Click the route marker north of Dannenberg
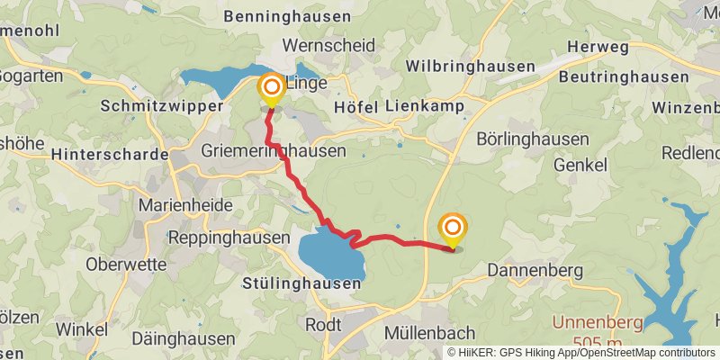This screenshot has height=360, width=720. pyautogui.click(x=452, y=227)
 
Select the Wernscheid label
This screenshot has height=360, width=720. pyautogui.click(x=323, y=45)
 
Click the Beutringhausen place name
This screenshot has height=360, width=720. pyautogui.click(x=635, y=77)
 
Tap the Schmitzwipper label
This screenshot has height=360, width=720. pyautogui.click(x=162, y=105)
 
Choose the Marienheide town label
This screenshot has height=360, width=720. pyautogui.click(x=185, y=205)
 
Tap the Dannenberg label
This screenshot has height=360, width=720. pyautogui.click(x=535, y=270)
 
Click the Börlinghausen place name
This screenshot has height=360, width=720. pyautogui.click(x=533, y=139)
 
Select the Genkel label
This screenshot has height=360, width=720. pyautogui.click(x=580, y=166)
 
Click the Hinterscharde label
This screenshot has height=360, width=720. pyautogui.click(x=111, y=155)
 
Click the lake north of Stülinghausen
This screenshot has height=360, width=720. pyautogui.click(x=330, y=256)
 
